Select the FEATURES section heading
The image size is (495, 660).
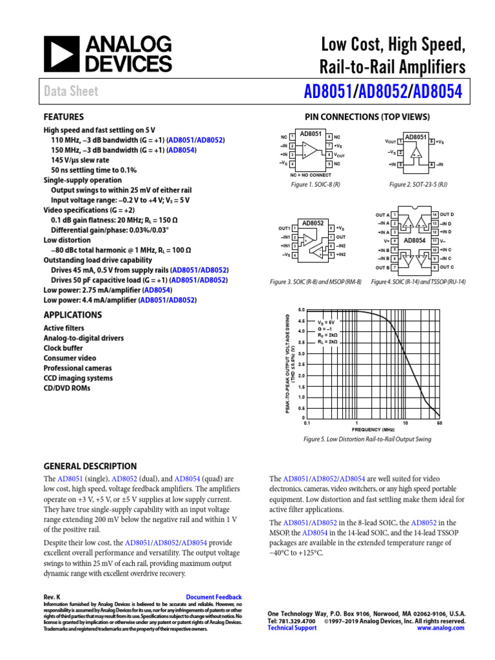(x=63, y=117)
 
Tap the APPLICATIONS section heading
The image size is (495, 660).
(x=72, y=315)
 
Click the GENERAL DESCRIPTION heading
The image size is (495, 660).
(x=90, y=466)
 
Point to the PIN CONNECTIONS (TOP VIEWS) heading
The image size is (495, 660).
(x=367, y=117)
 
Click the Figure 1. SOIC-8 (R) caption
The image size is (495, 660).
(x=315, y=185)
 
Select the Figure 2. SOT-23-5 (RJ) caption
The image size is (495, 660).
(x=418, y=185)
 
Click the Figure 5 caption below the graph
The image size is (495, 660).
(x=367, y=440)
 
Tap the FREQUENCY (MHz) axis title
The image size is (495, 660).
(x=373, y=428)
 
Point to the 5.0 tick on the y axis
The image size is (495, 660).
(x=300, y=310)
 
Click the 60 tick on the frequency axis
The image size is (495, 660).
(x=439, y=423)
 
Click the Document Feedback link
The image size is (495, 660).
(x=213, y=597)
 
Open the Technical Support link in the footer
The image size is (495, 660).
(x=292, y=628)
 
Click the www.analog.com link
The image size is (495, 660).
(x=441, y=628)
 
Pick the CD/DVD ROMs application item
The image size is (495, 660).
(x=67, y=388)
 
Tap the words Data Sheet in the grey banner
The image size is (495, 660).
(x=71, y=92)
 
